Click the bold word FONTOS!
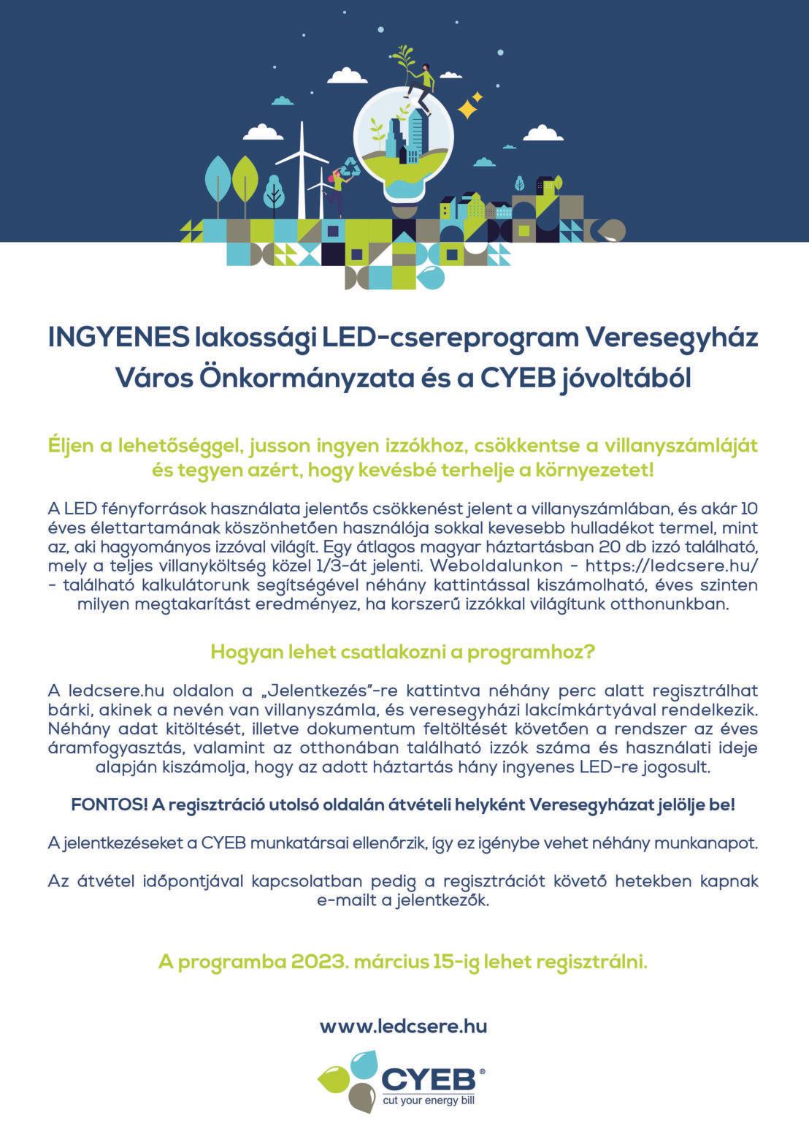(109, 804)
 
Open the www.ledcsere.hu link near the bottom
(404, 1026)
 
